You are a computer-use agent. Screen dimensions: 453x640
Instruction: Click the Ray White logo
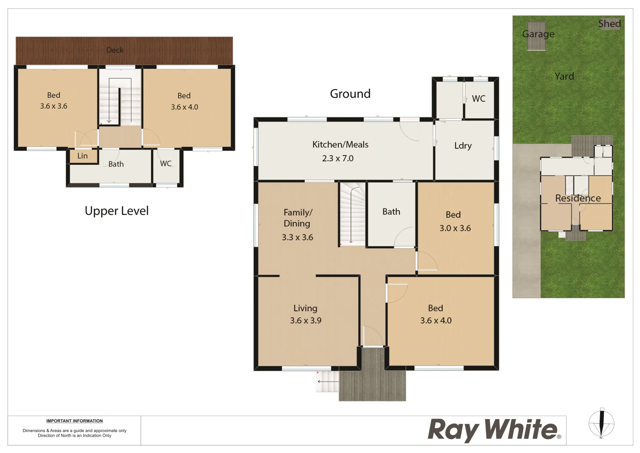494,430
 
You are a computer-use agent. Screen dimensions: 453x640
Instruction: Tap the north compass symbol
601,423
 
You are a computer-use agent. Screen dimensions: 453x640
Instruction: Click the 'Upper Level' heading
117,211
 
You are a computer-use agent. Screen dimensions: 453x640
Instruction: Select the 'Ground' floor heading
350,94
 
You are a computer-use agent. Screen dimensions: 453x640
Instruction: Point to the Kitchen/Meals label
340,145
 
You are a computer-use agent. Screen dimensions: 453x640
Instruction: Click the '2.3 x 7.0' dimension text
338,159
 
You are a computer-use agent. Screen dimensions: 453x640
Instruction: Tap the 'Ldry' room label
463,146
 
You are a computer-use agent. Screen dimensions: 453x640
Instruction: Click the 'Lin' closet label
82,156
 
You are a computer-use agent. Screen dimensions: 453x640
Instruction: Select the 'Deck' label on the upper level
115,50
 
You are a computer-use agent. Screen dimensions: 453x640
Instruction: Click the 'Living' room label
305,308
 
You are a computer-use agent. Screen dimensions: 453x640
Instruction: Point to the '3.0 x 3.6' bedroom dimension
455,228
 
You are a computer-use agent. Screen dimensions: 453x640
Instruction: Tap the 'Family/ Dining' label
297,218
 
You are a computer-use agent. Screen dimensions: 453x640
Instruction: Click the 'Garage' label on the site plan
538,34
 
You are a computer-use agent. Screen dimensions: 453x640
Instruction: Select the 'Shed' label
609,24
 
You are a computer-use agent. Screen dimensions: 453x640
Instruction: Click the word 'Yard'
564,76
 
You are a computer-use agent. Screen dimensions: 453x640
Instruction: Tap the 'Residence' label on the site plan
578,198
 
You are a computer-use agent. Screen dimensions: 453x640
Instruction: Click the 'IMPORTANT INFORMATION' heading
74,421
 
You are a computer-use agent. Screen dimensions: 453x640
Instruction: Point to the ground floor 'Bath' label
391,212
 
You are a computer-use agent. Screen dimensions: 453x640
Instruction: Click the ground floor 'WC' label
478,99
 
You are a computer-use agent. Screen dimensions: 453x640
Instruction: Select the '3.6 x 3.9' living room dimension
305,320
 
